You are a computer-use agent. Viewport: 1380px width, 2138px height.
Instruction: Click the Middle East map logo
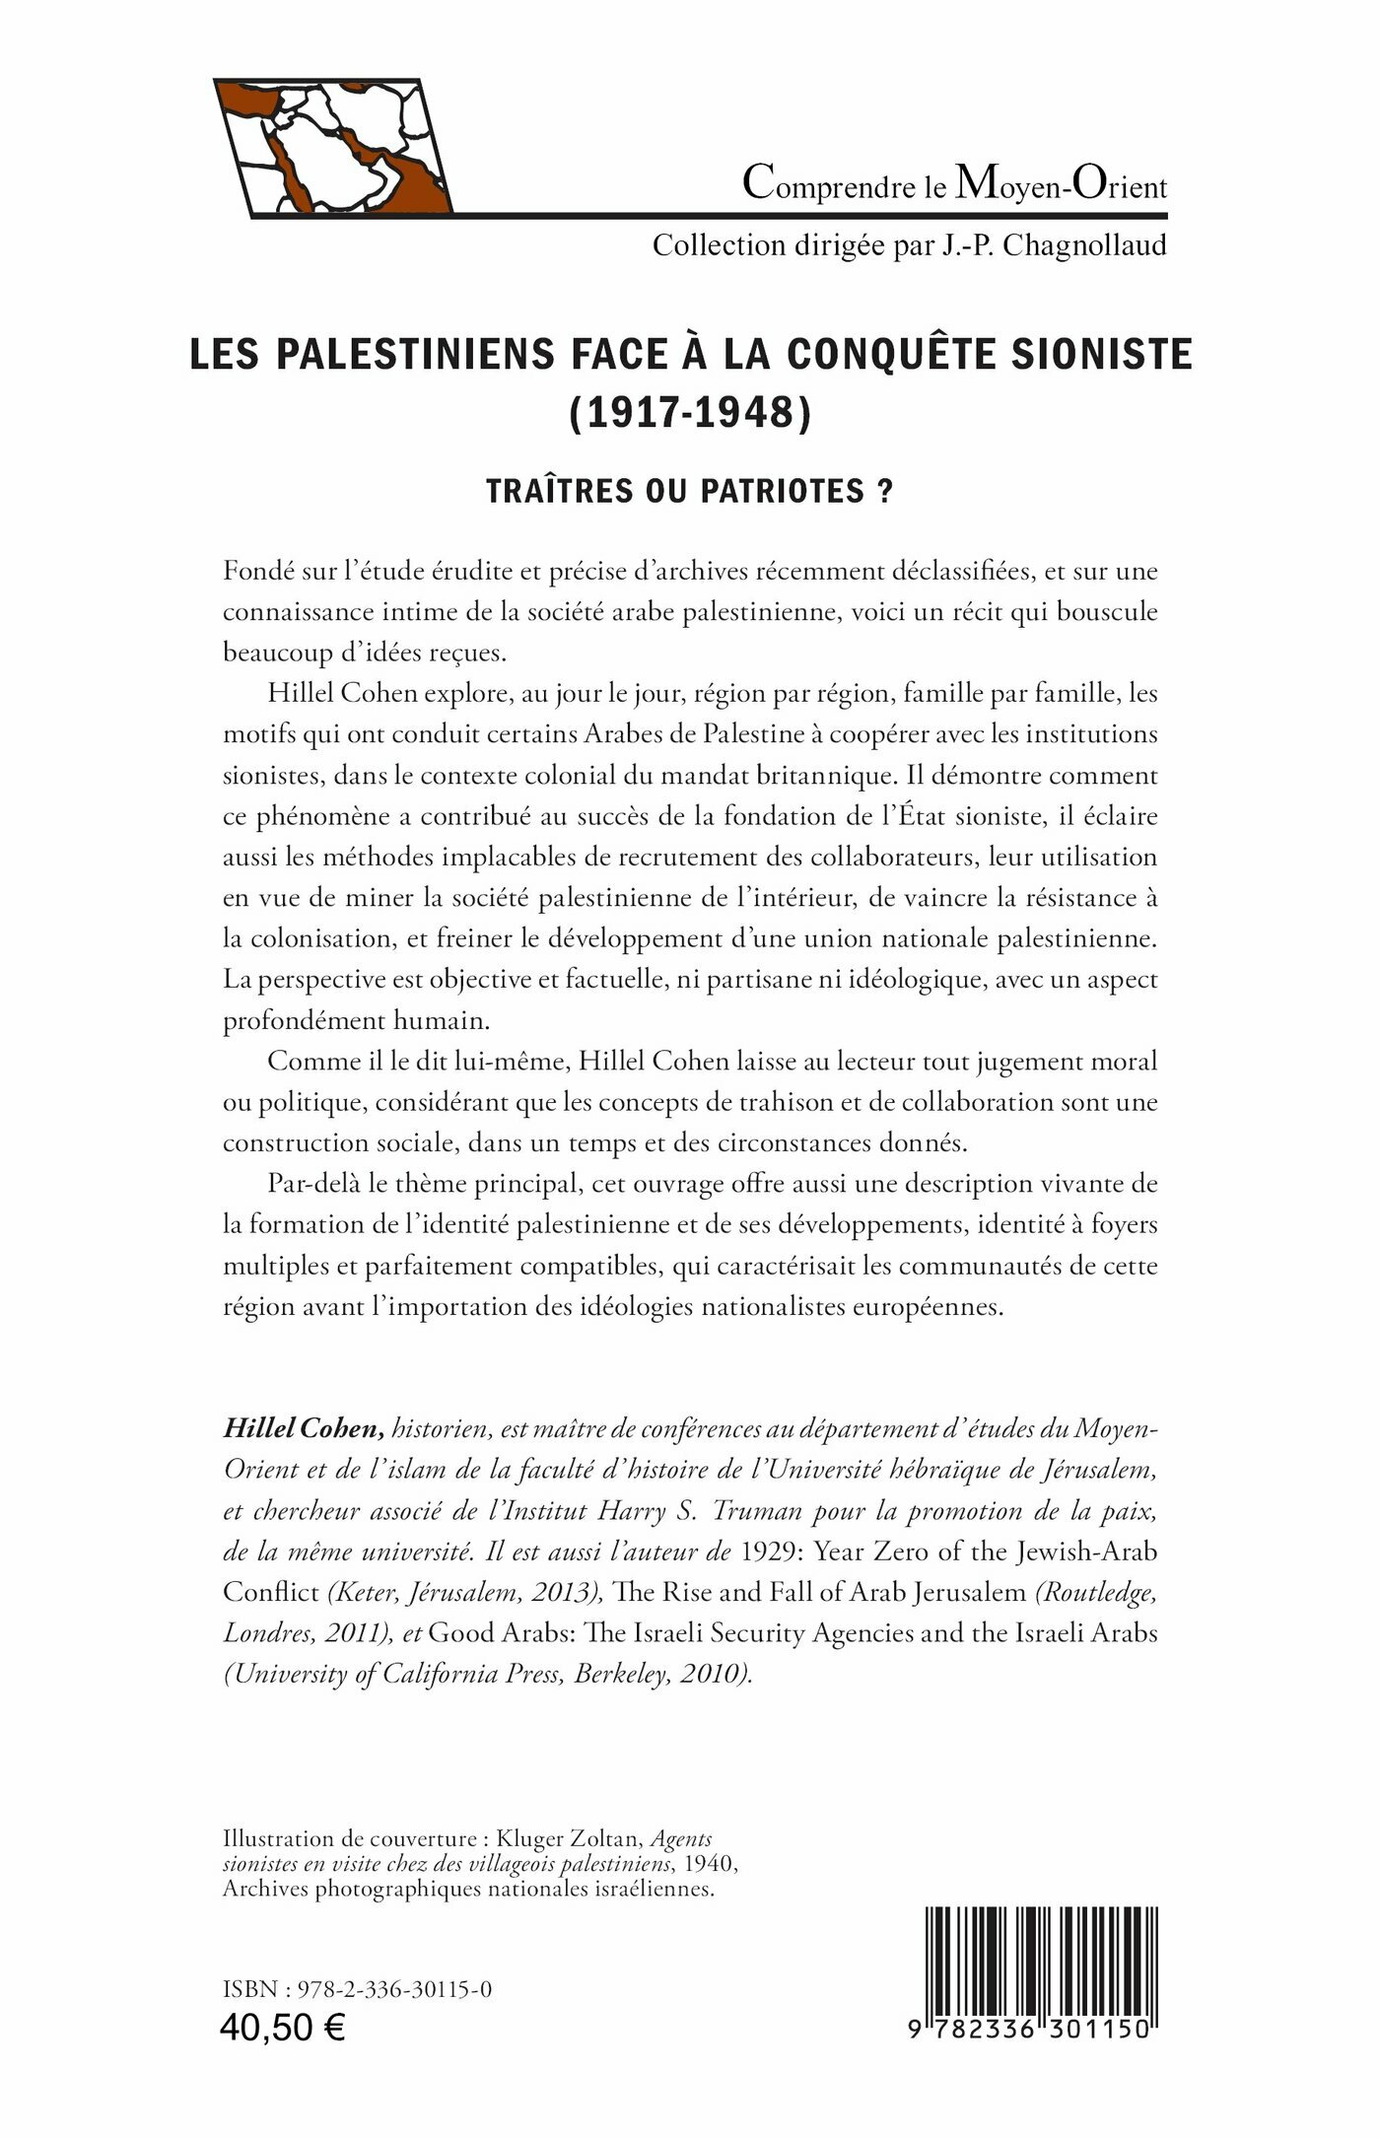pyautogui.click(x=333, y=146)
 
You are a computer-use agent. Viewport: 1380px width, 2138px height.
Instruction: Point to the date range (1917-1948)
pyautogui.click(x=690, y=413)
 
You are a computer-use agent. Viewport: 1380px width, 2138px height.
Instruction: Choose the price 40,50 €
pyautogui.click(x=284, y=2028)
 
